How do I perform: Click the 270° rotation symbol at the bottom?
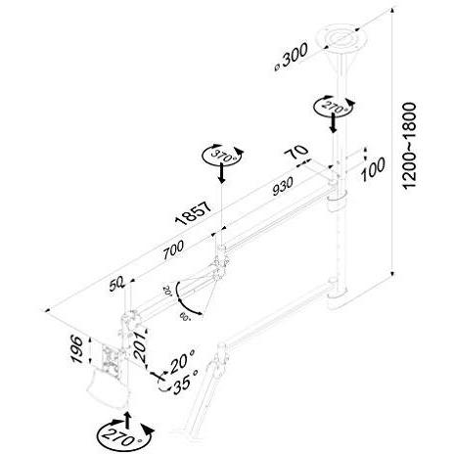(118, 430)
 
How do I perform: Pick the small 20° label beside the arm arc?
(167, 291)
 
